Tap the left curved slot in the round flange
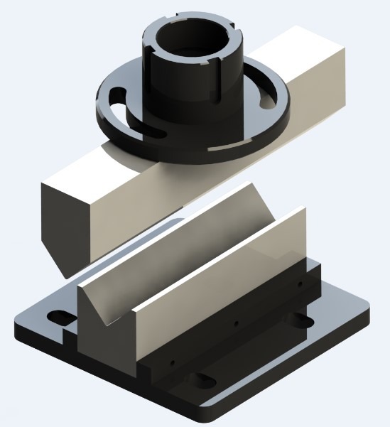pos(118,100)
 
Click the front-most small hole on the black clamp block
pos(171,362)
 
